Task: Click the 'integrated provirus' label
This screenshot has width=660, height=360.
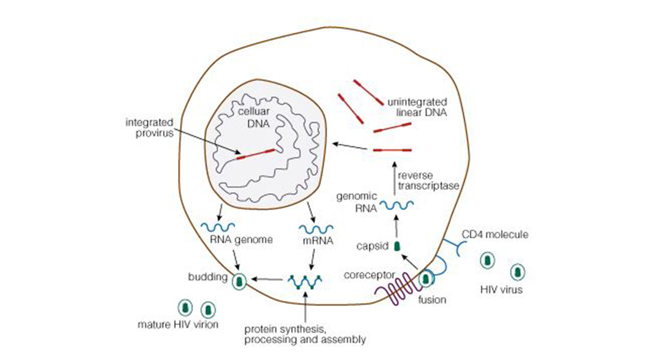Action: (149, 128)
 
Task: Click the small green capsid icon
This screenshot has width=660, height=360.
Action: (397, 245)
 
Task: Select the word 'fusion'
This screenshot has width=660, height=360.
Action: (431, 299)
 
